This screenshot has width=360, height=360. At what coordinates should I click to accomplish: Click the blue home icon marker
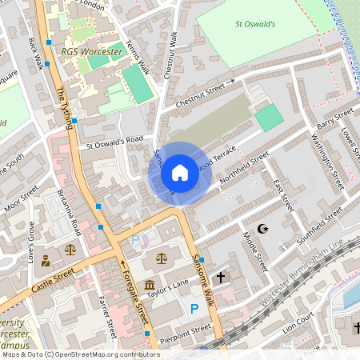(x=180, y=172)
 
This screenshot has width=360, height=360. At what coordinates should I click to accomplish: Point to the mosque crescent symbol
(x=266, y=230)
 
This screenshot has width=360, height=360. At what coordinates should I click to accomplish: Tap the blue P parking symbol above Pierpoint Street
(x=194, y=308)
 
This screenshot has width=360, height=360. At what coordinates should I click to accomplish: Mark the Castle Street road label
(x=53, y=280)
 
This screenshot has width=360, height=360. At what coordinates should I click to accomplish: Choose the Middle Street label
(x=253, y=250)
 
